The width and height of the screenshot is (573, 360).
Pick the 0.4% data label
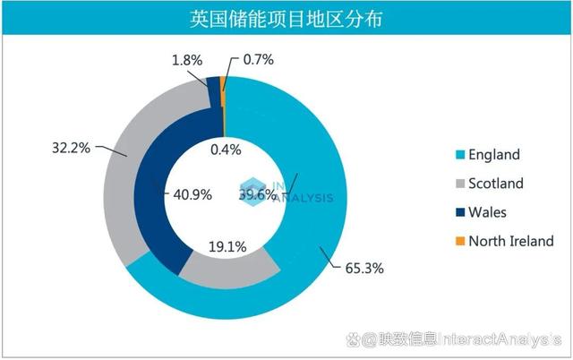[x=226, y=150]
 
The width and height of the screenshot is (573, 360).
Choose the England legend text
[x=494, y=155]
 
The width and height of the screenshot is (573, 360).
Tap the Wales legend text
[x=487, y=212]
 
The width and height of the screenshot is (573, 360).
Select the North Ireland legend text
[x=511, y=241]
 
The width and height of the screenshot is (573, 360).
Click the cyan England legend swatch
[x=461, y=155]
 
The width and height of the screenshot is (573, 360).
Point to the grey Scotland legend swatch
[x=461, y=184]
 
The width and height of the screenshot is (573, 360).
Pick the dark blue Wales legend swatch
[x=461, y=212]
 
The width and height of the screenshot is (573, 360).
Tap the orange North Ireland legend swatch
[x=461, y=241]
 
